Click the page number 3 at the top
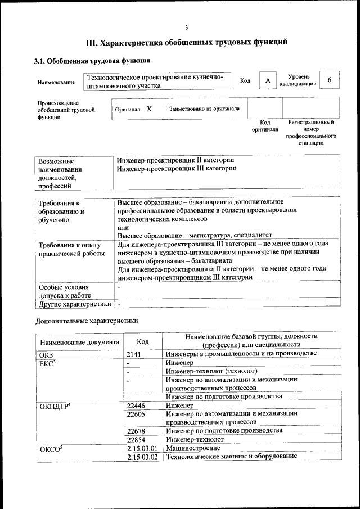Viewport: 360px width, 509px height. pyautogui.click(x=186, y=28)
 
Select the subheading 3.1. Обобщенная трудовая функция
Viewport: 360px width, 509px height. pyautogui.click(x=92, y=61)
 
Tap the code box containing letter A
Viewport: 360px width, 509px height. pyautogui.click(x=268, y=81)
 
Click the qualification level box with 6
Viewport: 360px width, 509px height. pyautogui.click(x=330, y=80)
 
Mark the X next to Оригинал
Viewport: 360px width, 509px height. pyautogui.click(x=149, y=109)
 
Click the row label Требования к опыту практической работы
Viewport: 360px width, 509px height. pyautogui.click(x=69, y=249)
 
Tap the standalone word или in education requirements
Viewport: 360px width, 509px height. pyautogui.click(x=123, y=228)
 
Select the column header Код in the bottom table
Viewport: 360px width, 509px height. pyautogui.click(x=143, y=341)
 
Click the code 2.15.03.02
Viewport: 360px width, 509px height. pyautogui.click(x=141, y=457)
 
